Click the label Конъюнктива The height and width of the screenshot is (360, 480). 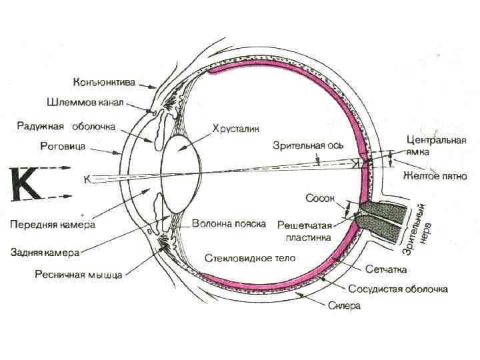pos(104,83)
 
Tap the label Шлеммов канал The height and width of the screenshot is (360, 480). pos(85,104)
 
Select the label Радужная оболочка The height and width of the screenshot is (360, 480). pos(66,126)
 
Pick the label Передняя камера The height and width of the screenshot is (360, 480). pos(52,225)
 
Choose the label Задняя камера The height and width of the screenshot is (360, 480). pos(45,253)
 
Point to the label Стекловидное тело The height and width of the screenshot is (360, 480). pos(249,257)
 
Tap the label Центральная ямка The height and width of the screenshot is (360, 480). pos(436,146)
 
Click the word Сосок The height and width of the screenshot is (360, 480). pos(318,198)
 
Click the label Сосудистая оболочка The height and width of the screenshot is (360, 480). pos(397,289)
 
